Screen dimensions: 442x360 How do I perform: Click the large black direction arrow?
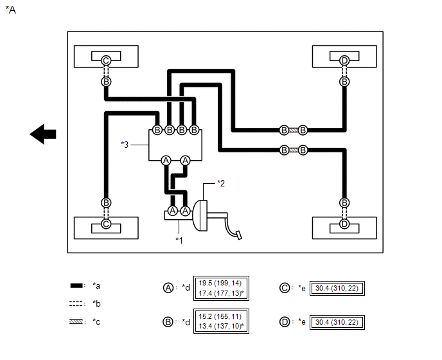point(43,134)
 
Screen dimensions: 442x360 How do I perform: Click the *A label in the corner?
point(11,10)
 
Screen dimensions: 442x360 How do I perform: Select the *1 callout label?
point(179,240)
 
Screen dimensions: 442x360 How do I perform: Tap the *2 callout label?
point(221,183)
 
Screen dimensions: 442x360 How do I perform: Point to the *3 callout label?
point(125,145)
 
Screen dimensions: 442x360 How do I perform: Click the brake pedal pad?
point(239,235)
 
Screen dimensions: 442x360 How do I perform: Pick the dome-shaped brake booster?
point(200,215)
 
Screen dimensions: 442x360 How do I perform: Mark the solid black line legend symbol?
point(76,285)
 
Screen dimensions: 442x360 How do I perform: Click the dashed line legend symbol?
point(76,303)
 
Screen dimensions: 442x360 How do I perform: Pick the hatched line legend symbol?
point(76,321)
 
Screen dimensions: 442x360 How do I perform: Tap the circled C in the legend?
point(285,288)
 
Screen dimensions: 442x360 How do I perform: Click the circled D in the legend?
point(285,322)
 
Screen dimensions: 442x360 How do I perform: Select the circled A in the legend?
point(168,288)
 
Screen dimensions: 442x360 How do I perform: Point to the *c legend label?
point(96,322)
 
